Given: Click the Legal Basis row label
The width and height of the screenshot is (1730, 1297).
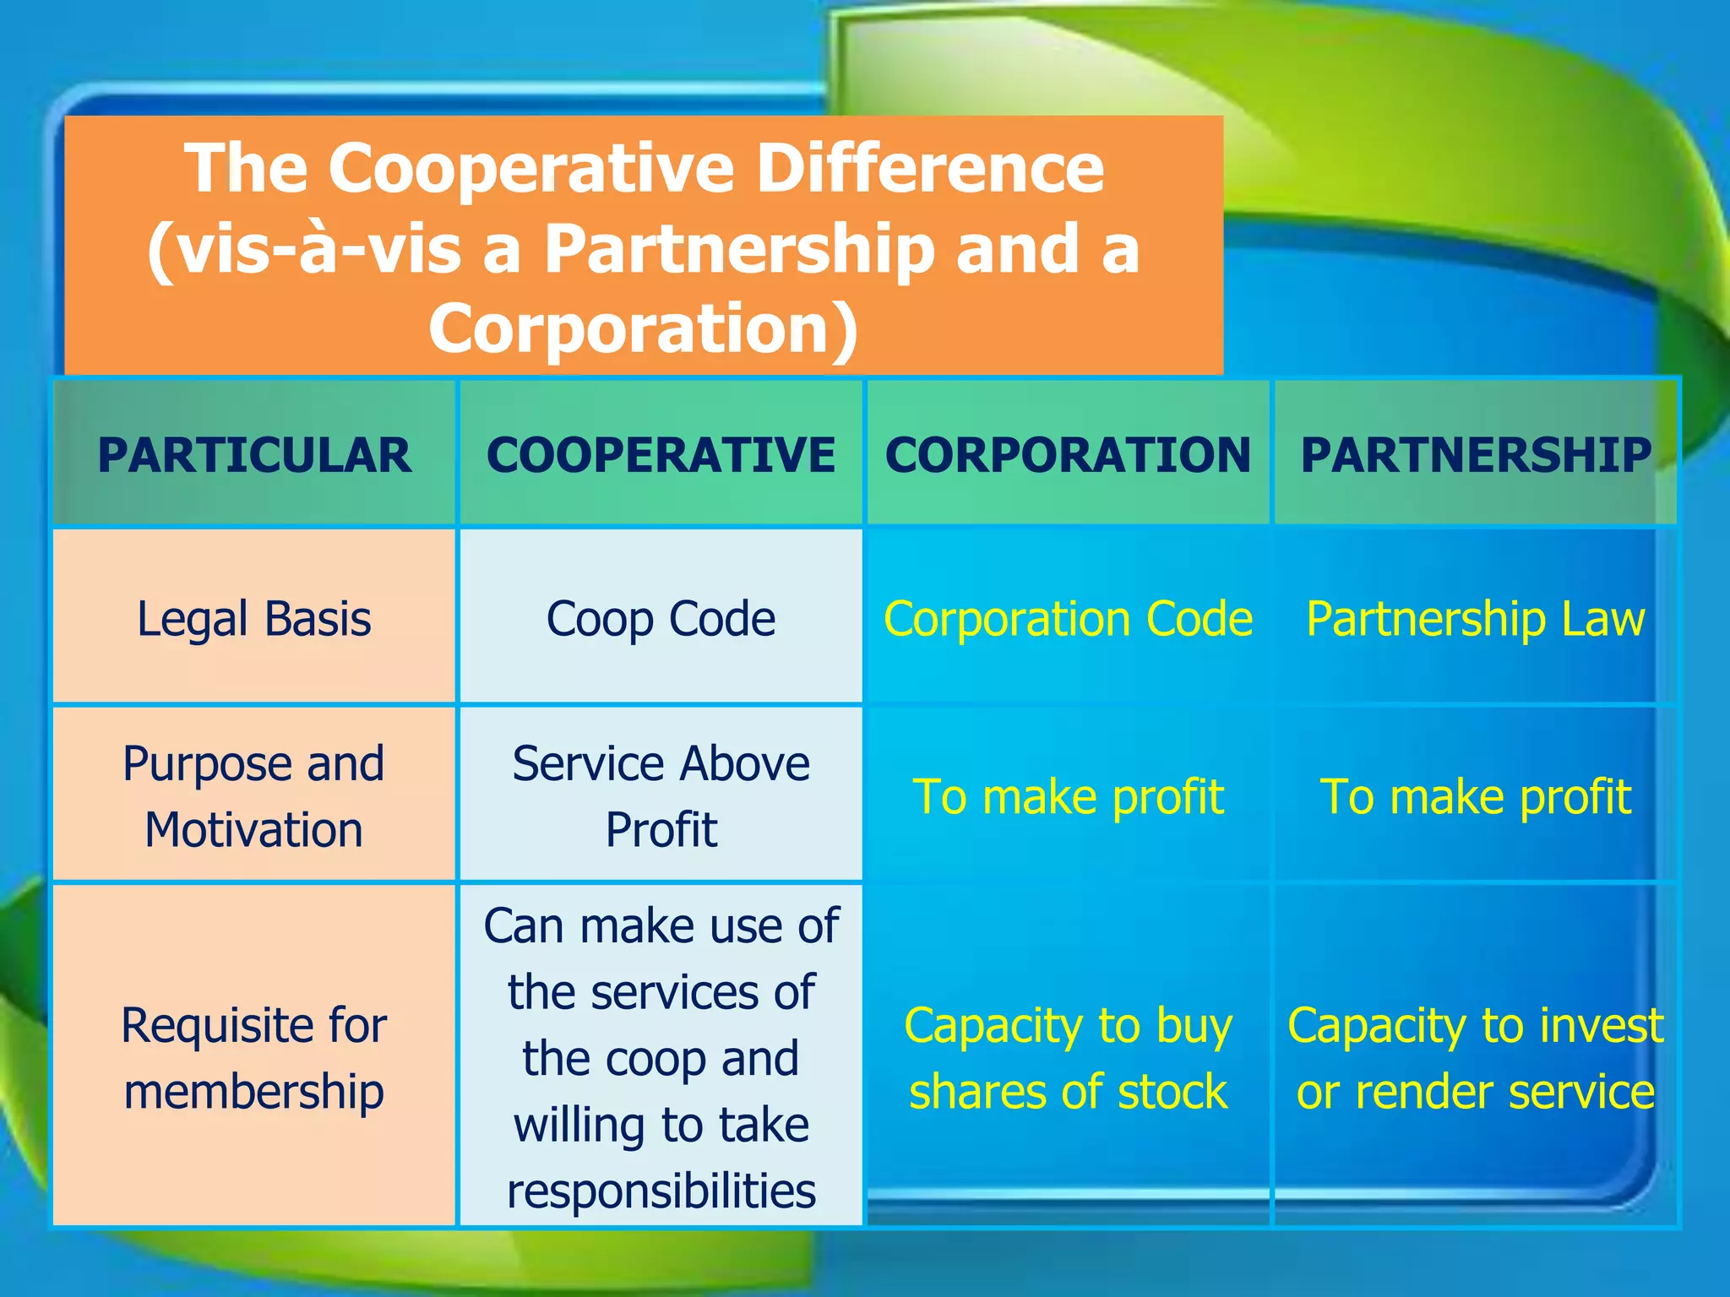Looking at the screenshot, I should (254, 618).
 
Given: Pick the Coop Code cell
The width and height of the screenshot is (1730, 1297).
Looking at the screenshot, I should (661, 618).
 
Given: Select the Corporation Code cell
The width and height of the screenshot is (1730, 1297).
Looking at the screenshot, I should (1068, 618).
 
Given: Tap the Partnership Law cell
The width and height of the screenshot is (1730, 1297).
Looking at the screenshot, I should (1475, 618).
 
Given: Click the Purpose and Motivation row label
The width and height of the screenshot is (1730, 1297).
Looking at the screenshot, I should (254, 795).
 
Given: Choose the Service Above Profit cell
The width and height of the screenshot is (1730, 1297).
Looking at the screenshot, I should (661, 795).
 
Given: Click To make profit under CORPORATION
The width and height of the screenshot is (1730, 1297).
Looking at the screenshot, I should (1068, 795).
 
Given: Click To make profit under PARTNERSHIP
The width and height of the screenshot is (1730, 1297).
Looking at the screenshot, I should (1475, 795).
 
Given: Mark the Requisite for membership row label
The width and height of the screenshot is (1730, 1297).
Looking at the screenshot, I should (254, 1057).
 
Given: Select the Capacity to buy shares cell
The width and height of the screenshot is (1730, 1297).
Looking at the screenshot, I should (1068, 1057).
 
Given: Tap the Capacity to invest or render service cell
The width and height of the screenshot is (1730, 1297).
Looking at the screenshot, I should (1475, 1057).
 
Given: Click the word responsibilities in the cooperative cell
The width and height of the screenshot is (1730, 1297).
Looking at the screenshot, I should (661, 1191).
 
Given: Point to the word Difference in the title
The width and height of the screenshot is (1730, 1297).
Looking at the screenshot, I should (929, 167).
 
